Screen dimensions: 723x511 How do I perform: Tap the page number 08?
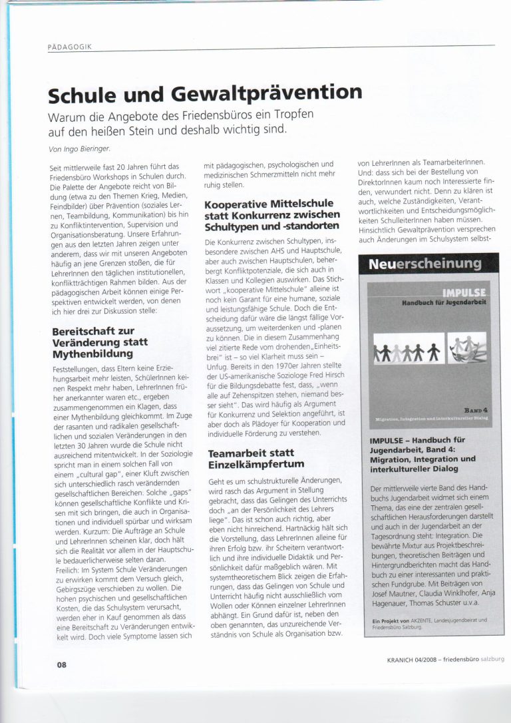[x=61, y=663]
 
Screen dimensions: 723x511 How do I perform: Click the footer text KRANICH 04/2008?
[x=411, y=662]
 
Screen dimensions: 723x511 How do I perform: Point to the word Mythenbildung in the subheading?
[x=88, y=353]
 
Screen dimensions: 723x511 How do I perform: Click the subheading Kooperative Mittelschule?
[x=269, y=204]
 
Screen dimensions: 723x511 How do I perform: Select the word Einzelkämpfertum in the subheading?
[x=256, y=463]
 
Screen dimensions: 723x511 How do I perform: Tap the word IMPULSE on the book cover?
[x=464, y=293]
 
